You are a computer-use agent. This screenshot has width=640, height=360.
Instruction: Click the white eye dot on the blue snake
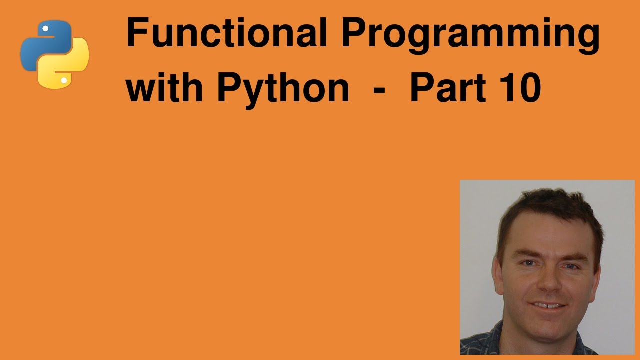click(x=45, y=29)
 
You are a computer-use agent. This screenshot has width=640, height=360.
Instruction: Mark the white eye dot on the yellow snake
click(x=64, y=80)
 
